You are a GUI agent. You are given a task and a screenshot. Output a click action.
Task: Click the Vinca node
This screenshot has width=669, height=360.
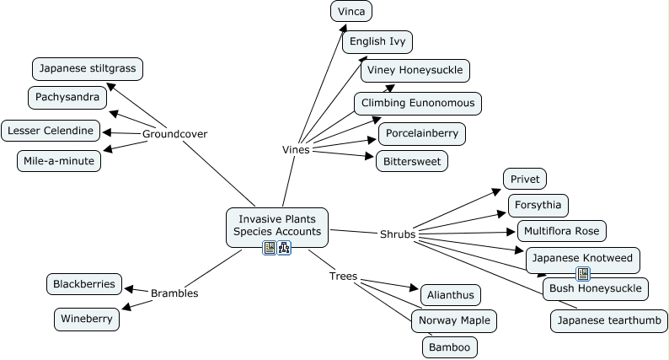pyautogui.click(x=351, y=12)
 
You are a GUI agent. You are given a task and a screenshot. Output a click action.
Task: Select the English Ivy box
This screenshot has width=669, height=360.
pyautogui.click(x=377, y=40)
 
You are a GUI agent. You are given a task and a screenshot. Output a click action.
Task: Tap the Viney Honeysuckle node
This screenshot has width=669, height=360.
pyautogui.click(x=415, y=70)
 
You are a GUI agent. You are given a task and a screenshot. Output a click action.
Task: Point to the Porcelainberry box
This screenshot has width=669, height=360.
pyautogui.click(x=421, y=133)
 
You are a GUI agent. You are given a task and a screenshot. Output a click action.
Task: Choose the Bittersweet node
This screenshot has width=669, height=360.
pyautogui.click(x=411, y=160)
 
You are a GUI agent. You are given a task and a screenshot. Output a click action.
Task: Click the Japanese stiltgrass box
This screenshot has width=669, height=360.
pyautogui.click(x=88, y=68)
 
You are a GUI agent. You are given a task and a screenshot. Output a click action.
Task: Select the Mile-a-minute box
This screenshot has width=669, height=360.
pyautogui.click(x=58, y=160)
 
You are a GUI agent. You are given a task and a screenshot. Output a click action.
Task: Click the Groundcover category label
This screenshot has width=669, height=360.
pyautogui.click(x=174, y=134)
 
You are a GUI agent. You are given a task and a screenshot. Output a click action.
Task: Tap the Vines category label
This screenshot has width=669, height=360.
pyautogui.click(x=296, y=150)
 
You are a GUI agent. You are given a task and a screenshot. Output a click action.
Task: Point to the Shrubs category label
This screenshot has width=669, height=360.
pyautogui.click(x=398, y=234)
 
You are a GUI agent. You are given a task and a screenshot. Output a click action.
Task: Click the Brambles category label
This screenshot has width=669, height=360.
pyautogui.click(x=174, y=293)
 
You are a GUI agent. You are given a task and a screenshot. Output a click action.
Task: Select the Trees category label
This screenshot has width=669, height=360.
pyautogui.click(x=343, y=276)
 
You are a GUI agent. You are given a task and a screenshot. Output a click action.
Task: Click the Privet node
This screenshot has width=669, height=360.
pyautogui.click(x=525, y=179)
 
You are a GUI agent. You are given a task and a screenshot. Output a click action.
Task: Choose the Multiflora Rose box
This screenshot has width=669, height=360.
pyautogui.click(x=561, y=230)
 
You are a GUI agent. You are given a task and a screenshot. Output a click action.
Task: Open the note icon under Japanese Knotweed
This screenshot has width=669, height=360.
pyautogui.click(x=582, y=273)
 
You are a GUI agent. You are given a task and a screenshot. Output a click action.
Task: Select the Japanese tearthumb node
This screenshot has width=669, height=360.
pyautogui.click(x=608, y=320)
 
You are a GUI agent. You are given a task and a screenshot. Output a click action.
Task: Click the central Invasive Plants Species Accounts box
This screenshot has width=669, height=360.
pyautogui.click(x=276, y=225)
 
